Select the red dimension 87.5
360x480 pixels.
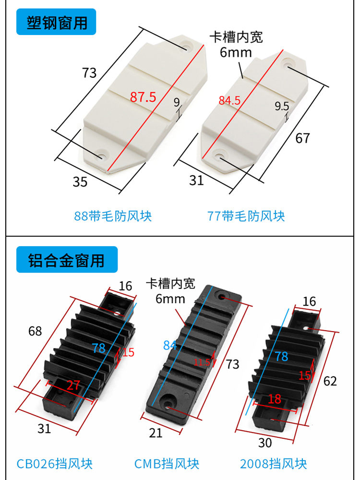click(x=143, y=97)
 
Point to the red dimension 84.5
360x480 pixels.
click(x=229, y=101)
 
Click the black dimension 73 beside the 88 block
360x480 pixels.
click(x=89, y=73)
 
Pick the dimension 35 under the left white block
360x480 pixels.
click(x=80, y=182)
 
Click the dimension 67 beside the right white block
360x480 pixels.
click(x=302, y=138)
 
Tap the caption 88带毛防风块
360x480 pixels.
click(x=113, y=216)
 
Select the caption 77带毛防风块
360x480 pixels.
click(x=246, y=216)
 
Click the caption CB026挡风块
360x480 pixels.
click(x=54, y=464)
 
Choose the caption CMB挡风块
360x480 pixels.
click(x=167, y=464)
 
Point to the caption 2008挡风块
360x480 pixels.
click(x=273, y=464)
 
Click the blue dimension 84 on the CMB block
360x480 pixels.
click(x=170, y=345)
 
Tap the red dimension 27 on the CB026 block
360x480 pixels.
click(x=73, y=385)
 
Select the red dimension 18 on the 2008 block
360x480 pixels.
click(x=274, y=399)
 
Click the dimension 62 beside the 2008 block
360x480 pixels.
click(x=330, y=381)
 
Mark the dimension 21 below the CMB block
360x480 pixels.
click(x=156, y=433)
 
